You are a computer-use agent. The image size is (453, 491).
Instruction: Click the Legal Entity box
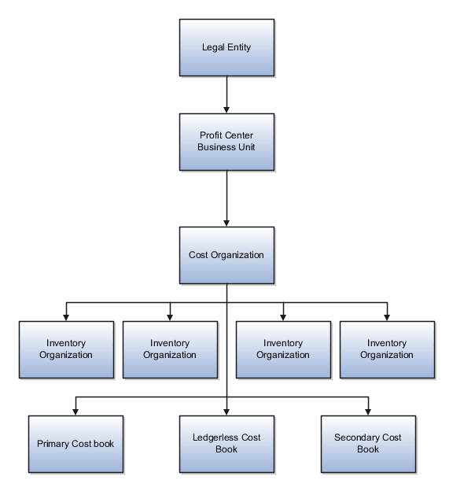tap(226, 47)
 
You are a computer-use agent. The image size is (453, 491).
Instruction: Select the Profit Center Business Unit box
tap(226, 142)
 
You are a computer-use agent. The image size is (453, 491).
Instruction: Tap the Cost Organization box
tap(226, 255)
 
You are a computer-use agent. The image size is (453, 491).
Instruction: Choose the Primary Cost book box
tap(75, 444)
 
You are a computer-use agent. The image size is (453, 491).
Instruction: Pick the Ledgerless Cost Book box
tap(226, 444)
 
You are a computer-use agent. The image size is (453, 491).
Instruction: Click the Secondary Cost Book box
tap(368, 444)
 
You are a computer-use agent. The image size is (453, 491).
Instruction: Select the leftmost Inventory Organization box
tap(66, 349)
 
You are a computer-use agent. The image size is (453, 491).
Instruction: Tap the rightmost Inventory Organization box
tap(387, 349)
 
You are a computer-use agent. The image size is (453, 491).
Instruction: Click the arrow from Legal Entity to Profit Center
tap(226, 94)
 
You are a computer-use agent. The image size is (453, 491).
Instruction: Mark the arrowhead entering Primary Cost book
tap(75, 410)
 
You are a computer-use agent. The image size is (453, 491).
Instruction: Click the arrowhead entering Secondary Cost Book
tap(368, 410)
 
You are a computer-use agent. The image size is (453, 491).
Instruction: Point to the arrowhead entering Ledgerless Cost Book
tap(226, 410)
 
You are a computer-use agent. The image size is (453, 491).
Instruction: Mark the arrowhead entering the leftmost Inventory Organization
tap(66, 316)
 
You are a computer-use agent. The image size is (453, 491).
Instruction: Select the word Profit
tap(211, 135)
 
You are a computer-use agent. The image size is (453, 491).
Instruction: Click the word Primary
tap(53, 444)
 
